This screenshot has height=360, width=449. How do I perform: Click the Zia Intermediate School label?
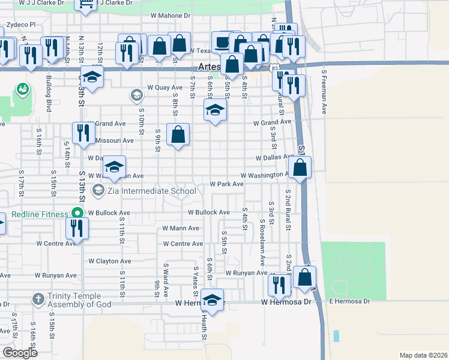(151, 191)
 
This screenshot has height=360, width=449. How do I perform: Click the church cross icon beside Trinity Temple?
(38, 299)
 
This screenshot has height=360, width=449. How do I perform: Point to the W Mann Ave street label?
(181, 229)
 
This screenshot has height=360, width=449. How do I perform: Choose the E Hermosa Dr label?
(349, 300)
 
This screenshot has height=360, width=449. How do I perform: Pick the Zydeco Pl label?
(21, 26)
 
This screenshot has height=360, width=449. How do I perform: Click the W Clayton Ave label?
(110, 262)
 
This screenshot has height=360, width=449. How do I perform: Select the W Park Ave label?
(226, 184)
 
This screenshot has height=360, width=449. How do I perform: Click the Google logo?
(20, 353)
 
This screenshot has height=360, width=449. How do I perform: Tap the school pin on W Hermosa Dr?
(212, 298)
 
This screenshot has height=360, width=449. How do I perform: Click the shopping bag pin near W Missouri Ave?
(178, 134)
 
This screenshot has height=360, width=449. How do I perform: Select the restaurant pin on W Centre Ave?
(77, 228)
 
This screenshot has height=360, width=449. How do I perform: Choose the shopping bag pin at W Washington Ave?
(300, 167)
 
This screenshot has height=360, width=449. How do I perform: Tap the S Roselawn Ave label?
(262, 242)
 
